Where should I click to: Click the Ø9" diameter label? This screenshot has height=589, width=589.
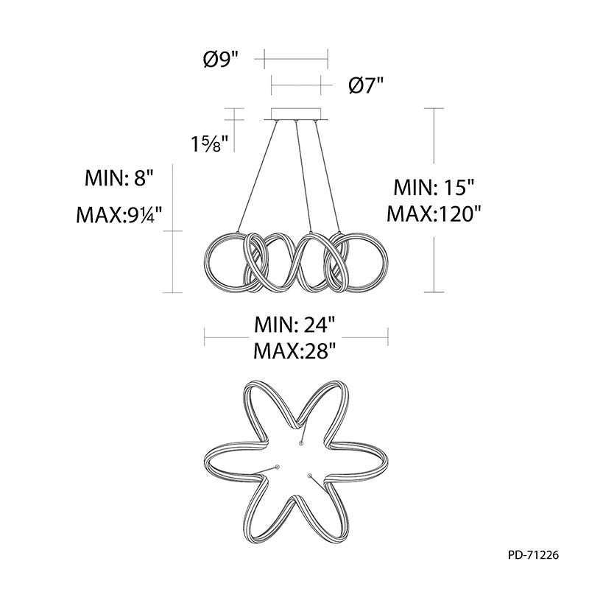(222, 59)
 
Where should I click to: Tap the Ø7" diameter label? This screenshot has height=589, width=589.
(366, 85)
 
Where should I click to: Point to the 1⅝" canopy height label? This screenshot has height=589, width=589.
(211, 144)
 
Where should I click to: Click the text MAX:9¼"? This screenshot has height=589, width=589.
(119, 215)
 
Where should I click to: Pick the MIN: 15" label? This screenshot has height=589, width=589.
(434, 187)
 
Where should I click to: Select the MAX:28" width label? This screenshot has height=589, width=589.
(294, 351)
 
